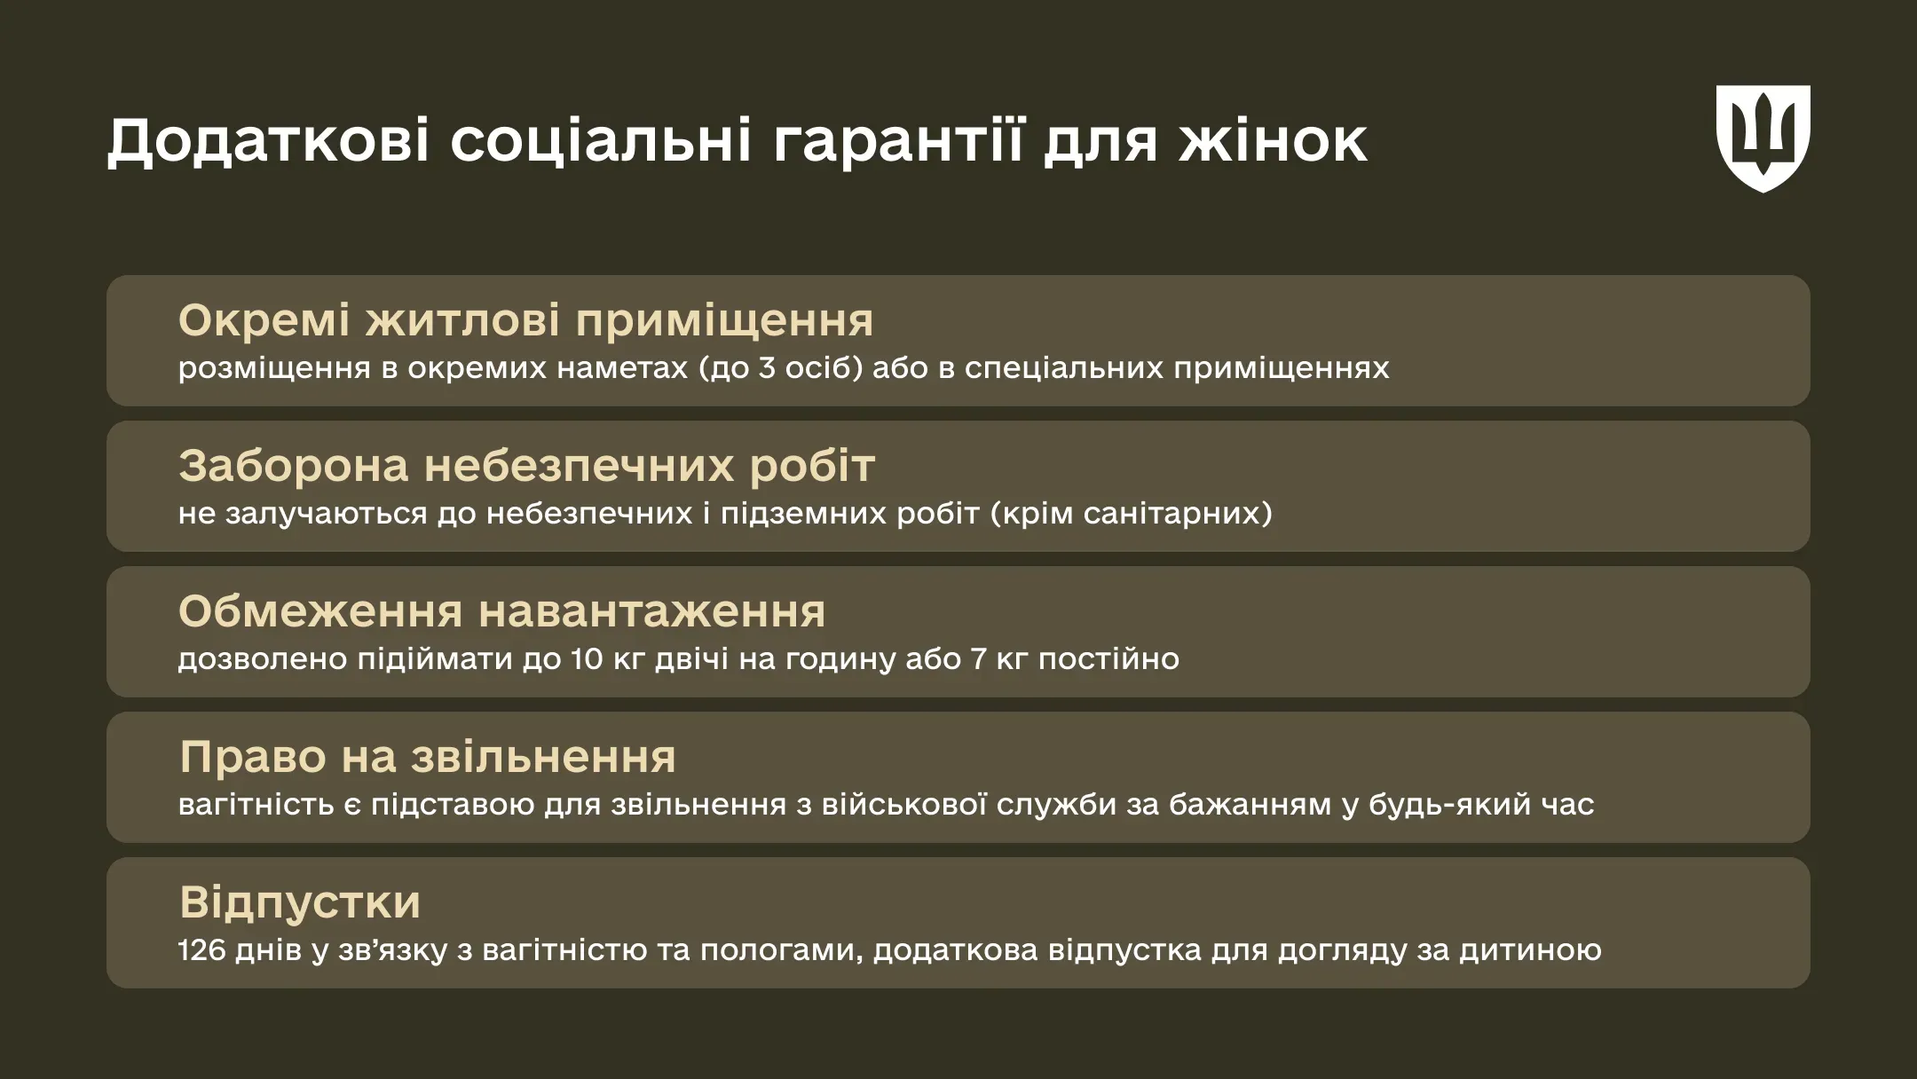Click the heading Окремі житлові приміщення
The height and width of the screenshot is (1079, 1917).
point(525,320)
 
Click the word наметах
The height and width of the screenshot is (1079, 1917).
point(622,368)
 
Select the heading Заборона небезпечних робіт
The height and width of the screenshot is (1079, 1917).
point(526,466)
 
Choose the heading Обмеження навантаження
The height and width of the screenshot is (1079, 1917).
point(501,611)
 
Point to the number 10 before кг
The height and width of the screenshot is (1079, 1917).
point(587,659)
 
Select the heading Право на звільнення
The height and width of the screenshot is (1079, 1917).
point(427,757)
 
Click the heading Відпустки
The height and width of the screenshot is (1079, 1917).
point(300,902)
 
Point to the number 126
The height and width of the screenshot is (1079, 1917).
point(202,950)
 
